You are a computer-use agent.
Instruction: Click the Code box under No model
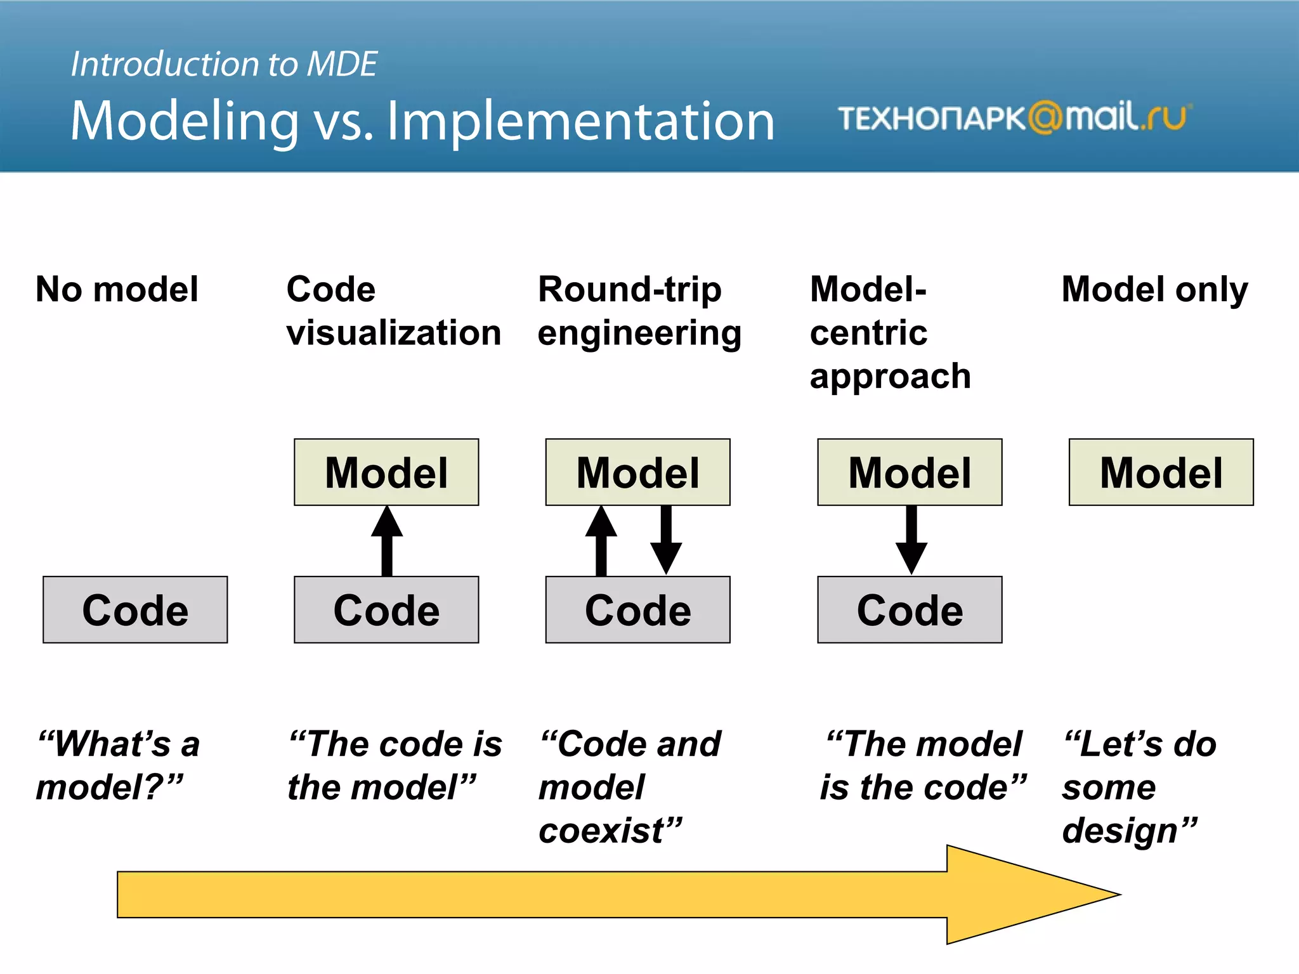(135, 609)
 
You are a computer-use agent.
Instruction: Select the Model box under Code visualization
(386, 472)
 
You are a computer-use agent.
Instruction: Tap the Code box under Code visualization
(386, 609)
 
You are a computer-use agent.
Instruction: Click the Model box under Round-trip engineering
(637, 472)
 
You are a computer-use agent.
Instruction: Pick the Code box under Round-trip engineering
(637, 609)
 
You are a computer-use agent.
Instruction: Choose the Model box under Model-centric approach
(910, 472)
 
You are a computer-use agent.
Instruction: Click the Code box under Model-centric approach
(910, 609)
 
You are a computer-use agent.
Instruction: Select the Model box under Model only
(1161, 472)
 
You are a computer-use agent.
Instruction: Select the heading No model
(117, 289)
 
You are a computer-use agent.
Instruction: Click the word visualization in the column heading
(393, 333)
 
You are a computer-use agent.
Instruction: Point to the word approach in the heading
(890, 376)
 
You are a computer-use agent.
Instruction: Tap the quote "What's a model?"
(117, 765)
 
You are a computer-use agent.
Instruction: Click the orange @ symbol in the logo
(1045, 117)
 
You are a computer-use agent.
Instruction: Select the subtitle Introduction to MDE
(224, 64)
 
